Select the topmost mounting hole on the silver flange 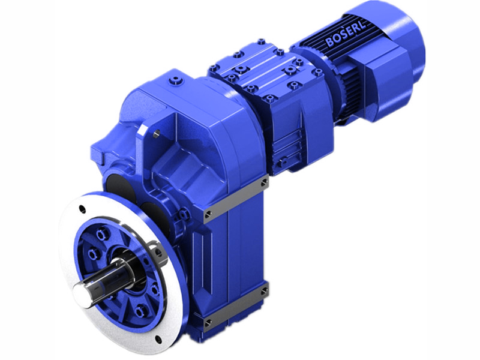pyautogui.click(x=83, y=210)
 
